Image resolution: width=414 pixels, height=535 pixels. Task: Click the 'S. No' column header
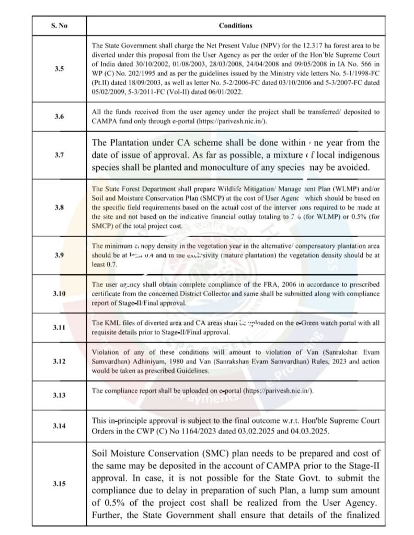59,25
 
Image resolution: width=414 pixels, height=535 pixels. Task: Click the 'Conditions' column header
235,25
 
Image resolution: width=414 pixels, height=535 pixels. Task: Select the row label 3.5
59,68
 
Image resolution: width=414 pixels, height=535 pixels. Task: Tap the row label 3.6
59,117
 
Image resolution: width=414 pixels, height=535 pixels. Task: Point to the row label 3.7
59,155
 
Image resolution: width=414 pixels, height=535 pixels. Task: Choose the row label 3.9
59,255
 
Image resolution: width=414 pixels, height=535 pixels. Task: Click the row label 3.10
59,294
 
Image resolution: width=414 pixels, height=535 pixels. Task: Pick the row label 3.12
59,361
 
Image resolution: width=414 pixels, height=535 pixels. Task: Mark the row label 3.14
59,425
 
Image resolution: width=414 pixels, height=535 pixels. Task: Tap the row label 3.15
59,484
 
